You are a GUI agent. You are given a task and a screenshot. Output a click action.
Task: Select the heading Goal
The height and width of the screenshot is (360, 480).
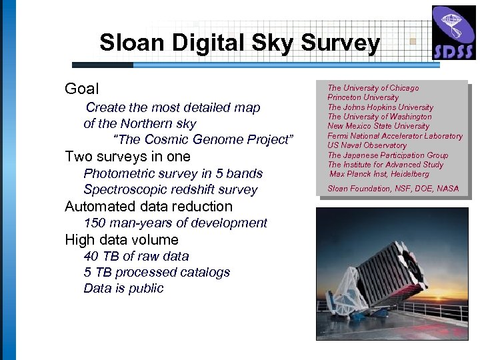(81, 89)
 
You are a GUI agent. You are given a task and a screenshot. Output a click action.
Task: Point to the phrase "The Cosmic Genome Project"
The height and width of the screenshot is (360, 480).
(204, 140)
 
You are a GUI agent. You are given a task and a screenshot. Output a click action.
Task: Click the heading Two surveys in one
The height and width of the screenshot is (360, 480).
(127, 157)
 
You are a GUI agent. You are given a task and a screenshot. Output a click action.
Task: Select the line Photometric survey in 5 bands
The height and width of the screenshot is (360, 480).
(173, 173)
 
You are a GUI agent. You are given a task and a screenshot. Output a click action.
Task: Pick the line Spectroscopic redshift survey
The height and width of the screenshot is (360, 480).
(170, 190)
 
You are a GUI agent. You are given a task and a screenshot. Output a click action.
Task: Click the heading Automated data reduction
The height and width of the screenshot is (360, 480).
(149, 207)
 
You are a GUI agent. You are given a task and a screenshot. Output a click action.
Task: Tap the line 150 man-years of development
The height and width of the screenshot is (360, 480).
(175, 223)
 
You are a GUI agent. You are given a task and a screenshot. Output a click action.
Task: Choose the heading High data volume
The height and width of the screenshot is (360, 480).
(122, 239)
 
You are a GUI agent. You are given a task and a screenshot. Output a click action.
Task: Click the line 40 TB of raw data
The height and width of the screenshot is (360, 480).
(136, 256)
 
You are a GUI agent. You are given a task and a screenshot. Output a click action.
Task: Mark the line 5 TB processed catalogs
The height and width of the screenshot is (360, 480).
(157, 272)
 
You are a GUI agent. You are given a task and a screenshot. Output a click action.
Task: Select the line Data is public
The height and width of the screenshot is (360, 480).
(123, 289)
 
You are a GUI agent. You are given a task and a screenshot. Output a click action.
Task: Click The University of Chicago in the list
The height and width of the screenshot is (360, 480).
(373, 88)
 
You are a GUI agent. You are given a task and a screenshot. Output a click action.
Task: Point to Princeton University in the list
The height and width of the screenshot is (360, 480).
(363, 97)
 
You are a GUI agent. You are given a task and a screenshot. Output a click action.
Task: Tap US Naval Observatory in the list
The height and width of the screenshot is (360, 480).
(367, 145)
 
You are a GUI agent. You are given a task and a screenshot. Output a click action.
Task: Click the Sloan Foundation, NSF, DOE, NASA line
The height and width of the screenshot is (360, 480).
(393, 189)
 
